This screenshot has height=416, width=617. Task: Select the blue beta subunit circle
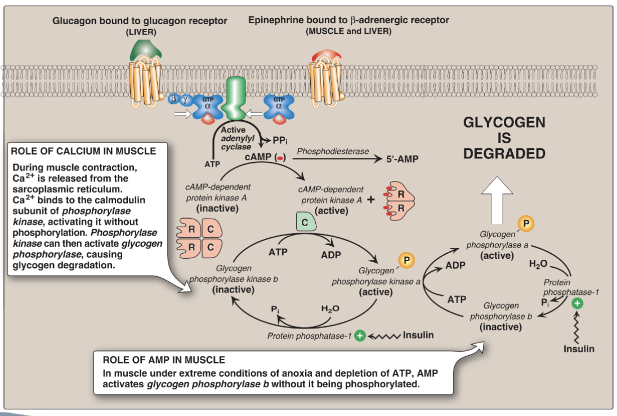(173, 99)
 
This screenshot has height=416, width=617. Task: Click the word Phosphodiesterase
(333, 152)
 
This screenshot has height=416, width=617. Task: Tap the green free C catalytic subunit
(305, 223)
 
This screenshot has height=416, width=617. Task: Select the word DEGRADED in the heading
(504, 154)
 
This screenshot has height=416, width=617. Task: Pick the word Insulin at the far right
(579, 349)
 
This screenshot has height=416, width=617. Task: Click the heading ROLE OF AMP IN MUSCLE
(164, 360)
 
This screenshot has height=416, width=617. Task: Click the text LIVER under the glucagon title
(141, 32)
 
